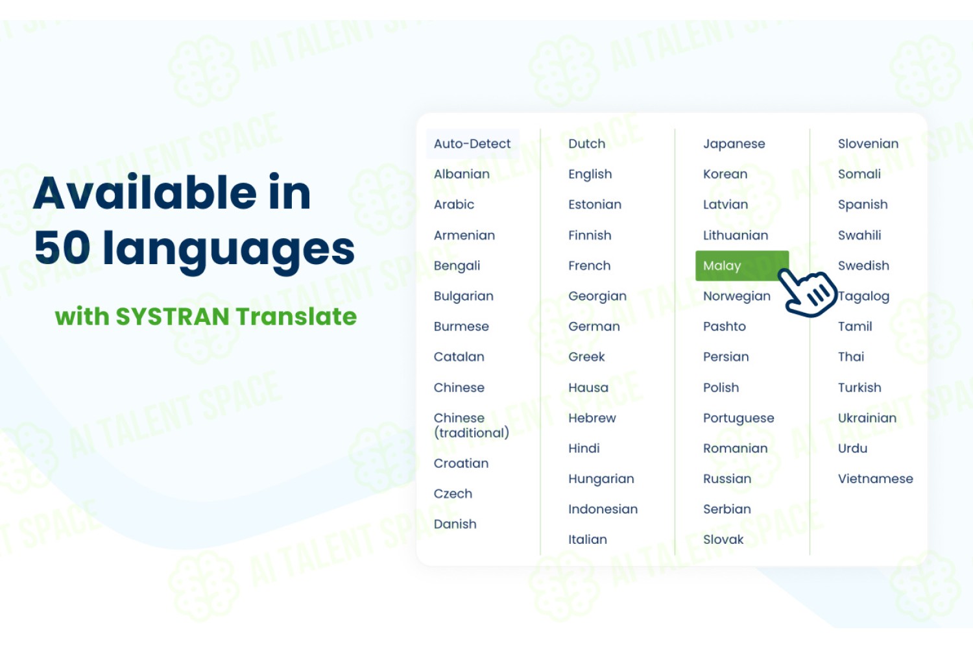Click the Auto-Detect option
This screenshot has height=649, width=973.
click(472, 143)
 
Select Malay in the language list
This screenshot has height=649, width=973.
click(722, 265)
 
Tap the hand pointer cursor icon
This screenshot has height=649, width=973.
click(807, 292)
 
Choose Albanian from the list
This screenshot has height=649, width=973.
click(461, 174)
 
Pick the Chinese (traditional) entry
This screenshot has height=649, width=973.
click(472, 425)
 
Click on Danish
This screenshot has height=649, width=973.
click(455, 524)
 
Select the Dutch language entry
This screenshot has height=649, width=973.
click(586, 143)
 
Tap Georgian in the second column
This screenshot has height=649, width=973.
click(597, 296)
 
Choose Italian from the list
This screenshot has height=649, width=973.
click(587, 539)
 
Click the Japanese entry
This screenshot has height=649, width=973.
click(734, 144)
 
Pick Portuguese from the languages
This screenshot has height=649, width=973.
click(738, 418)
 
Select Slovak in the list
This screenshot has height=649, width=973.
click(723, 539)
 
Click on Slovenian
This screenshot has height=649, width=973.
click(868, 143)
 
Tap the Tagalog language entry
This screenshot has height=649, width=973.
click(863, 297)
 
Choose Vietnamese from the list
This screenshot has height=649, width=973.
click(875, 478)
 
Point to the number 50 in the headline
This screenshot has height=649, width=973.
click(62, 247)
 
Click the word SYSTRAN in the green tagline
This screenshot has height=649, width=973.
click(173, 316)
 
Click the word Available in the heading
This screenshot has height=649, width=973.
click(145, 192)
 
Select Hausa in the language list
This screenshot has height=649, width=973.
click(588, 387)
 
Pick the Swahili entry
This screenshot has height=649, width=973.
click(859, 235)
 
